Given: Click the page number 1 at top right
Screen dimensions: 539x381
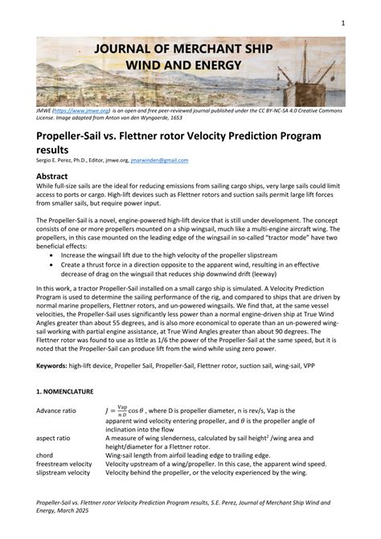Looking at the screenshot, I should [x=342, y=22].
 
